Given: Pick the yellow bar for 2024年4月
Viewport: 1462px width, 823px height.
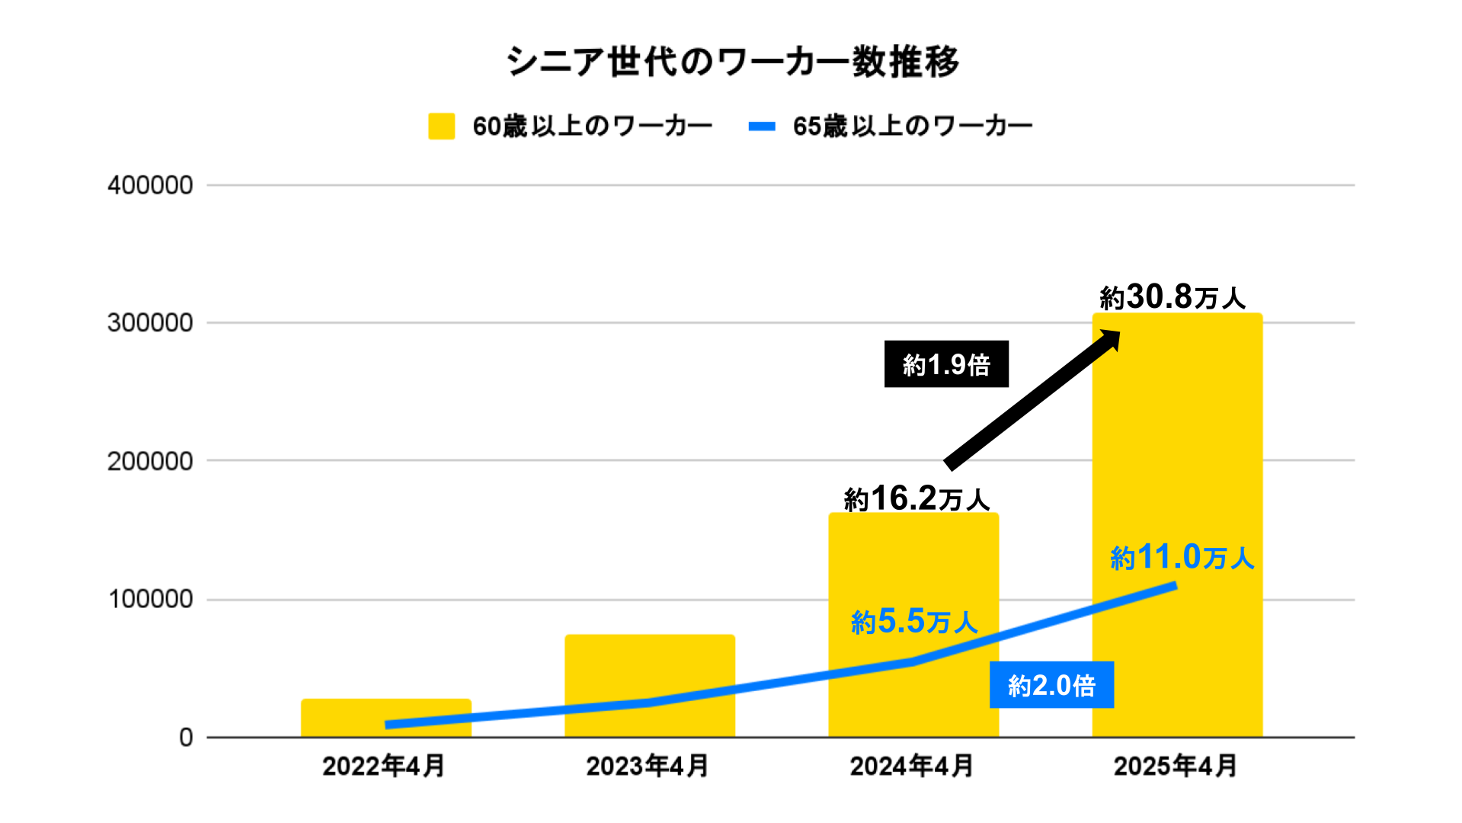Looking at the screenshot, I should coord(913,579).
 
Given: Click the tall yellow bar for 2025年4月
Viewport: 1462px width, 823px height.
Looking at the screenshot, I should coord(1176,457).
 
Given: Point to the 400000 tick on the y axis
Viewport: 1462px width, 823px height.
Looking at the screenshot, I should coord(150,185).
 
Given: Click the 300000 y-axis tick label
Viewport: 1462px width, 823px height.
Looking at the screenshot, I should coord(150,323).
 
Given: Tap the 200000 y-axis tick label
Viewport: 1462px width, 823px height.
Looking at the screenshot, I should coord(150,461).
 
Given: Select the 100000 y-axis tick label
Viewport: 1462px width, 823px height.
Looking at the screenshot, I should coord(150,599).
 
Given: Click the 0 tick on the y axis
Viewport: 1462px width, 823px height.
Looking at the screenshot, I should coord(185,737).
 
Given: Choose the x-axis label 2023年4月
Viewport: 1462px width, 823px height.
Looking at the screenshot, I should coord(648,766).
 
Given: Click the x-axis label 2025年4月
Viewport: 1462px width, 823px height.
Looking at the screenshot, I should coord(1175,766).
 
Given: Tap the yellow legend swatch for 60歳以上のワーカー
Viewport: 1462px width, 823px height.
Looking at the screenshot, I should coord(441,126).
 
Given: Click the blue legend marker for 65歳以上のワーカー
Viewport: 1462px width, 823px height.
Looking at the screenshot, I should coord(762,126).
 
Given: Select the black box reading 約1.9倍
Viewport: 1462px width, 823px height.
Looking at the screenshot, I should coord(945,364).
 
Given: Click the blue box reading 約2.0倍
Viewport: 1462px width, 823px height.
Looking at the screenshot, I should coord(1051,685).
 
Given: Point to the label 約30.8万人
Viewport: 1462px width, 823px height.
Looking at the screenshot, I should coord(1172,296).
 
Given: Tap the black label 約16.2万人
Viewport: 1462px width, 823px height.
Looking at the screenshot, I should coord(917,498).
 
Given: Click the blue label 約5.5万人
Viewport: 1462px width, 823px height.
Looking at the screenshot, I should coord(913,621).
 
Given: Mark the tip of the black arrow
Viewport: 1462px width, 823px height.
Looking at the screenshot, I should coord(1118,333).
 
